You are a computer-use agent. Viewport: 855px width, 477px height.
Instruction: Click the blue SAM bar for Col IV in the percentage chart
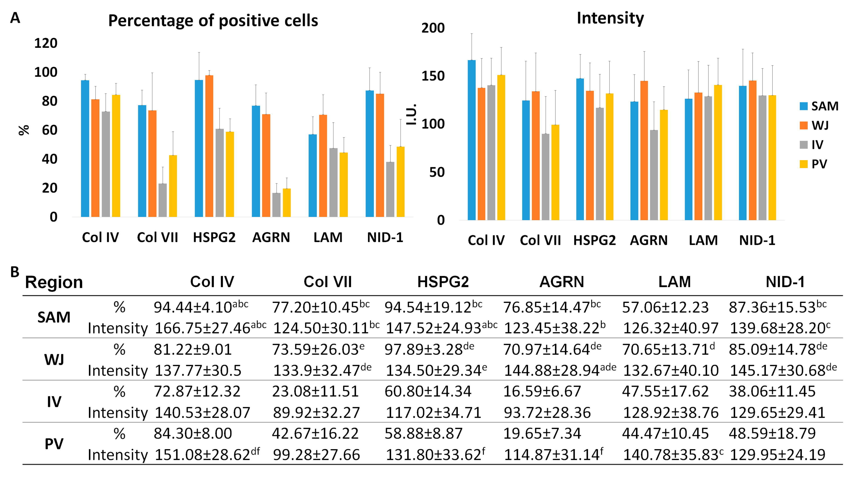(85, 149)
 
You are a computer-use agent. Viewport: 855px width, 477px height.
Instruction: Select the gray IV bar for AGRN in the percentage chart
(276, 205)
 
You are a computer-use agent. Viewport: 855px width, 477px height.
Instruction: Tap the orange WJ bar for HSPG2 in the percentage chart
(209, 146)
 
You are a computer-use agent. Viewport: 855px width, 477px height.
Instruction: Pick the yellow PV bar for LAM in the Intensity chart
(718, 153)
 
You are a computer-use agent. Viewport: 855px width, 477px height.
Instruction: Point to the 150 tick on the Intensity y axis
(433, 76)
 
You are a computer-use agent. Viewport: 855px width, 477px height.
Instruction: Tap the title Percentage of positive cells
(213, 21)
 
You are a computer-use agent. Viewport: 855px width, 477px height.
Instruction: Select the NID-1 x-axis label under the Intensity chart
(757, 240)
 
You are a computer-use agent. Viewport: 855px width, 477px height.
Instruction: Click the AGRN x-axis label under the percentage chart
(271, 237)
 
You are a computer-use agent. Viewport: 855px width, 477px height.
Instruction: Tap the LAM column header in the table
(674, 282)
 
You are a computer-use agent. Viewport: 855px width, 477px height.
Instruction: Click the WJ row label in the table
(54, 359)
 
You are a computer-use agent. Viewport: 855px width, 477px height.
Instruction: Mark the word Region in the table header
(54, 282)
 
